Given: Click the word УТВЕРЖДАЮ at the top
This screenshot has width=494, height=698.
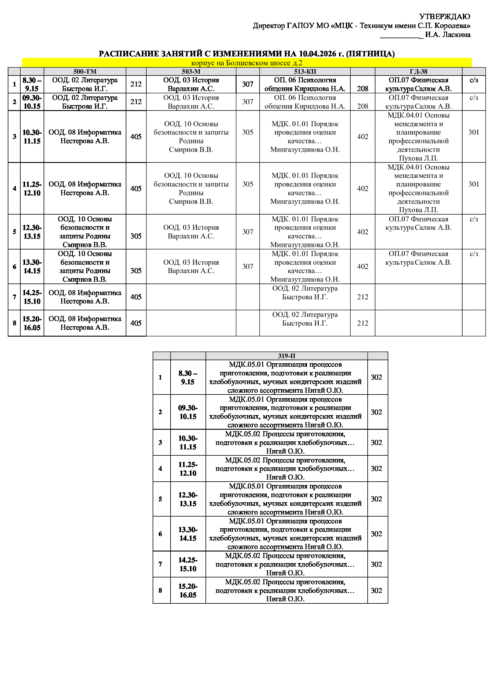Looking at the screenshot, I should pyautogui.click(x=444, y=16).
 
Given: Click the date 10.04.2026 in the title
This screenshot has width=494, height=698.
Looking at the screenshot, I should pyautogui.click(x=317, y=54).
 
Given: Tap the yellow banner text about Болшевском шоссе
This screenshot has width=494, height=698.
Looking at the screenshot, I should pyautogui.click(x=247, y=63).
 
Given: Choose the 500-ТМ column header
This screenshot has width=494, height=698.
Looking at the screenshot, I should pyautogui.click(x=85, y=71).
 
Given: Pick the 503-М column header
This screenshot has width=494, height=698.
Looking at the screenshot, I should pyautogui.click(x=191, y=71).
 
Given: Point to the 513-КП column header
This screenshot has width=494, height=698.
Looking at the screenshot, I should pyautogui.click(x=305, y=71).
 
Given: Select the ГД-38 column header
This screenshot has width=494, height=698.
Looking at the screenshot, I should pyautogui.click(x=418, y=71).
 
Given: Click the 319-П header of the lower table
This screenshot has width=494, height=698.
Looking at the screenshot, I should pyautogui.click(x=286, y=356).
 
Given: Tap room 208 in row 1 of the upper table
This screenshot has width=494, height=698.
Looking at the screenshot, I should pyautogui.click(x=362, y=88).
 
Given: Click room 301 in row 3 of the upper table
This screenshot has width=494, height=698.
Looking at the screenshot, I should pyautogui.click(x=474, y=132).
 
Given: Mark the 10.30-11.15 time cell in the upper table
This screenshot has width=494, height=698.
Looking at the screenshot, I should pyautogui.click(x=32, y=136).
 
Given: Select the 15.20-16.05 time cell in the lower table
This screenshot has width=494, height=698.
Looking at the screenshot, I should pyautogui.click(x=188, y=590).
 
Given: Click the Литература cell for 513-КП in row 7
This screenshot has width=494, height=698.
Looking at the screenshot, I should pyautogui.click(x=305, y=292).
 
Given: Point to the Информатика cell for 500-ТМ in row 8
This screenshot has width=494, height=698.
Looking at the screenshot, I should pyautogui.click(x=85, y=323).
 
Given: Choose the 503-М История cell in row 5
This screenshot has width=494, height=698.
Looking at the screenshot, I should pyautogui.click(x=191, y=232).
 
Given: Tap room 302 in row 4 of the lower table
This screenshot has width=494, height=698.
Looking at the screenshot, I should pyautogui.click(x=376, y=469).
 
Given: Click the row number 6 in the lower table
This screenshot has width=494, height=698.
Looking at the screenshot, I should pyautogui.click(x=160, y=534).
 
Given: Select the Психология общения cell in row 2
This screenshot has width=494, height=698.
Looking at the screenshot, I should pyautogui.click(x=305, y=102).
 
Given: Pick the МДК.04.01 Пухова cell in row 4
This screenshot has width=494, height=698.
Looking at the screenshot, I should pyautogui.click(x=418, y=189).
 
